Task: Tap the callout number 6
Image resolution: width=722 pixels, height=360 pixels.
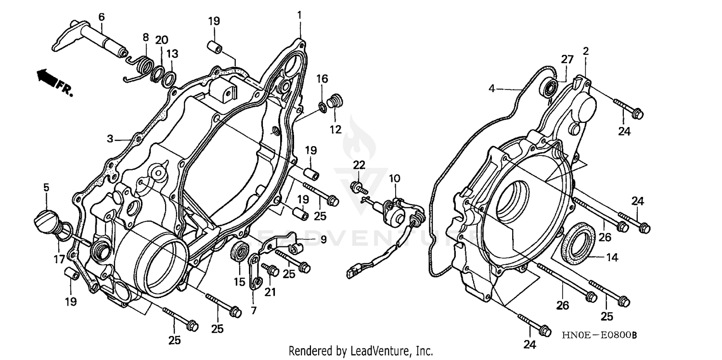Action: tap(101, 16)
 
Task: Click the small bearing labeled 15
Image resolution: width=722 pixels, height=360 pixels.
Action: tap(240, 252)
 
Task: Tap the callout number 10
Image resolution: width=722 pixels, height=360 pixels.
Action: tap(395, 179)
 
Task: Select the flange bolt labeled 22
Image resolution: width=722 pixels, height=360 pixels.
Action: tap(357, 187)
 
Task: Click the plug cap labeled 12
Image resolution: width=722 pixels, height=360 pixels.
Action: tap(333, 103)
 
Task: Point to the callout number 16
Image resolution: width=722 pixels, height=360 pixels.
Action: tap(322, 78)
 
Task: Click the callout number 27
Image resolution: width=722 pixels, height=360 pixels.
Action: tap(567, 59)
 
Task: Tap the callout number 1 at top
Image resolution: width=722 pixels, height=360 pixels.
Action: tap(299, 15)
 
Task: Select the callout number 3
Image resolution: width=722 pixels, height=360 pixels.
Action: tap(110, 139)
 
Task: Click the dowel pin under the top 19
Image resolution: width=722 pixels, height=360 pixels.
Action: tap(214, 48)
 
